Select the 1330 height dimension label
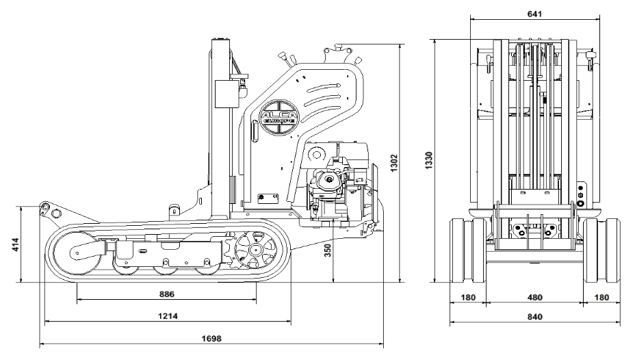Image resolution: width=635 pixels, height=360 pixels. pyautogui.click(x=429, y=161)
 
